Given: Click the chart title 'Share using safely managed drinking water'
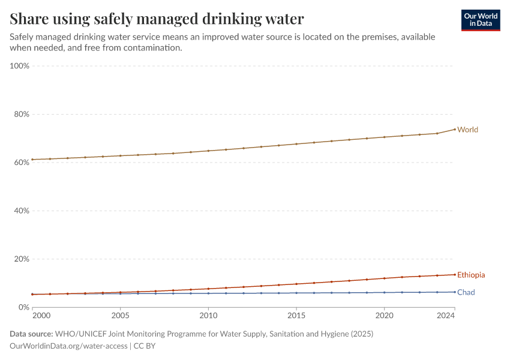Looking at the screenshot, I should point(157,19).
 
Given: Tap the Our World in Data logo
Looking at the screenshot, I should point(481,20).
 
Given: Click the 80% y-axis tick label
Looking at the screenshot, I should point(21,114).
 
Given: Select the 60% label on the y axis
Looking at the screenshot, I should point(21,163).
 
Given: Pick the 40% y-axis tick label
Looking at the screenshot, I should point(21,211).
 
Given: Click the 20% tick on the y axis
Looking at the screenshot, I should point(21,259).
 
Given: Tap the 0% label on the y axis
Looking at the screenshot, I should point(23,307).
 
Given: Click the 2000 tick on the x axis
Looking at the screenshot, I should point(41,315).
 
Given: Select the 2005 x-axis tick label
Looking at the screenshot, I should point(120,315).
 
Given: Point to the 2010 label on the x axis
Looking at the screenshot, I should point(208,315).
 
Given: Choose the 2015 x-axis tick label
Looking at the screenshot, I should point(296,315).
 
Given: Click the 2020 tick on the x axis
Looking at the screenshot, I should point(384,315).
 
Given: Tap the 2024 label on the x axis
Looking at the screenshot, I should point(454,315).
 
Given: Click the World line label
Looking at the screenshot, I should point(468,130).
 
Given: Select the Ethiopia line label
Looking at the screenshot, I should point(471,275).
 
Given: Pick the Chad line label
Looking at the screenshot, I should point(466,292).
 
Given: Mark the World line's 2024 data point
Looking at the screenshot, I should point(454,129).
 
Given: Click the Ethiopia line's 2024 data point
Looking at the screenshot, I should point(454,275).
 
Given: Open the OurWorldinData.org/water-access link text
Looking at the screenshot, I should point(68,346).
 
